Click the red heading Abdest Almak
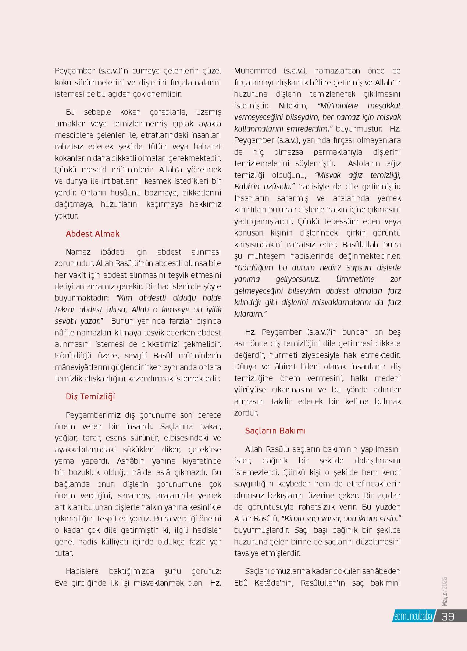(x=92, y=234)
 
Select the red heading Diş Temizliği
(x=90, y=397)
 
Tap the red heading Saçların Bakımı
(x=275, y=431)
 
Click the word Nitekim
(x=293, y=106)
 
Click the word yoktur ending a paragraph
(x=67, y=216)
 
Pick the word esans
(x=116, y=438)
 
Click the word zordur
(x=246, y=413)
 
